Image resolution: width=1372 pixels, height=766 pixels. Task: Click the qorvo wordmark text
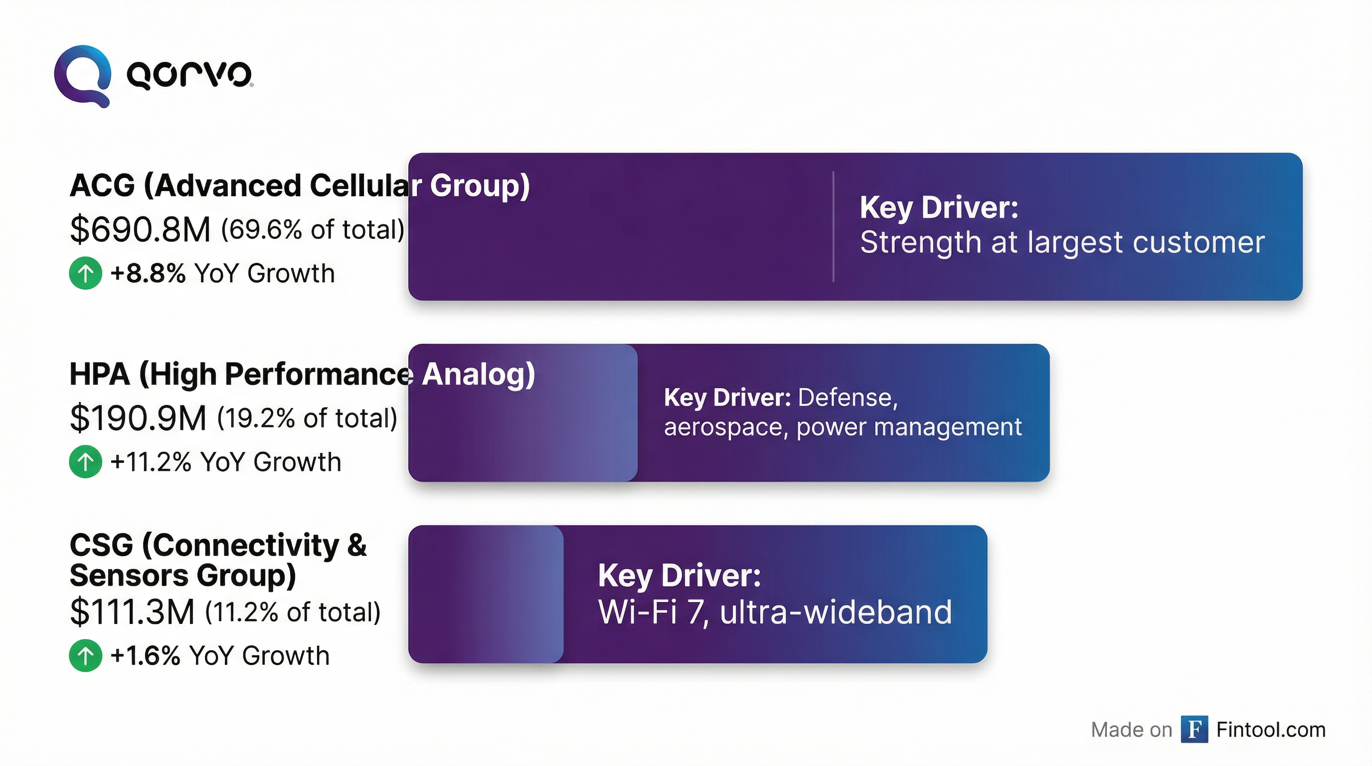coord(189,75)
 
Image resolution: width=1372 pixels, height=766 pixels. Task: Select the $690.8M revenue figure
coord(140,230)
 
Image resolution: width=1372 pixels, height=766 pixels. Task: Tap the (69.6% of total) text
coord(313,230)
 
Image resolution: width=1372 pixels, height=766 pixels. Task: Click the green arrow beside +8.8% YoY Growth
coord(85,273)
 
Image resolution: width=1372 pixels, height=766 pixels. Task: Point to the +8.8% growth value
coord(148,273)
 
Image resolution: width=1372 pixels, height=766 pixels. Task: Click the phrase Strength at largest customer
coord(1062,243)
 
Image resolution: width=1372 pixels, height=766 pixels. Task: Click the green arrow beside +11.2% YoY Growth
coord(85,462)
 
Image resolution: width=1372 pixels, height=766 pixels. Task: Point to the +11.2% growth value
coord(150,462)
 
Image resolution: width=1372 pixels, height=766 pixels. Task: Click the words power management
coord(909,427)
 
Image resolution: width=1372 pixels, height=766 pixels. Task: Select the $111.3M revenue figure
coord(132,612)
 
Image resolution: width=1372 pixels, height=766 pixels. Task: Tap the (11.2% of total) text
coord(293,612)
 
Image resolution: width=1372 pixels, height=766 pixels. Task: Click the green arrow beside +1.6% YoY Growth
coord(85,656)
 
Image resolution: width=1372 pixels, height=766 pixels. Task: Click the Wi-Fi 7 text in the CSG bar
coord(653,612)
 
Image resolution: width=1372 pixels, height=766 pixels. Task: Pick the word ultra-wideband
coord(836,612)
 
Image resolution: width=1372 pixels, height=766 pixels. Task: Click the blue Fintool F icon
coord(1194,729)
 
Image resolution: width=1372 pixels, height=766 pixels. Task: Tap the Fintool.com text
coord(1271,730)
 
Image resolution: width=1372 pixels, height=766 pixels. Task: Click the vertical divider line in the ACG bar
coord(834,226)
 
